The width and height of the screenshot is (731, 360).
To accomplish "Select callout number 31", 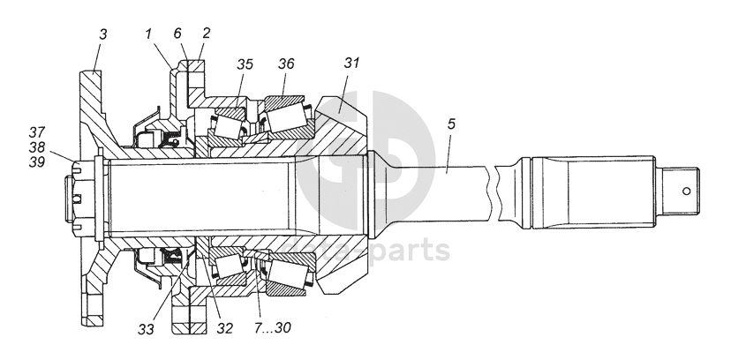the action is coord(352,64).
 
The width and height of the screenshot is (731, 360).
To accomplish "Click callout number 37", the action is coord(35,134).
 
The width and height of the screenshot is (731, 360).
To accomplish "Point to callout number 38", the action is coord(35,148).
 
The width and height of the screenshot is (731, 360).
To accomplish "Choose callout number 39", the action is coord(35,162).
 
